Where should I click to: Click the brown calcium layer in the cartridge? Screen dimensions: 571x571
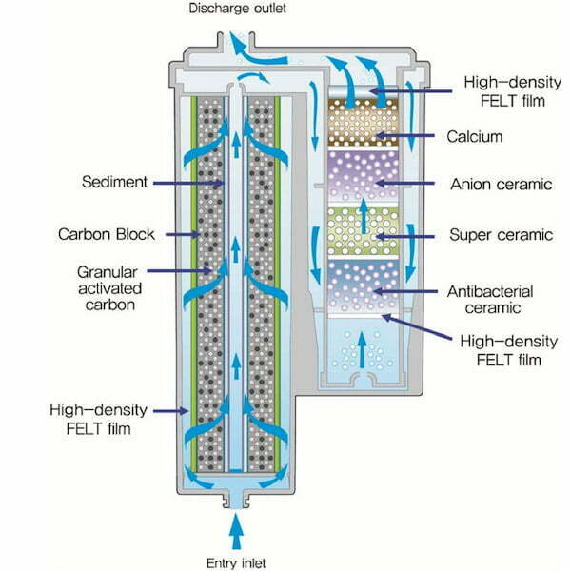(363, 123)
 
